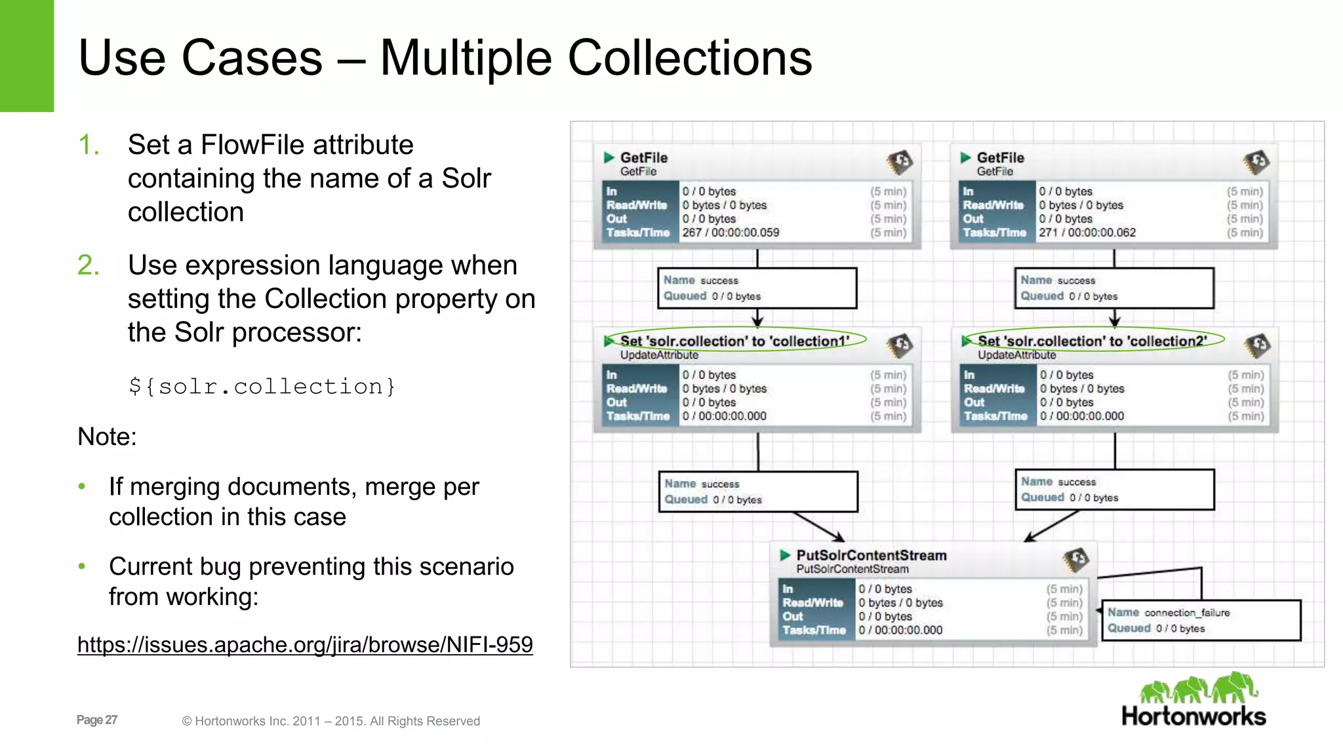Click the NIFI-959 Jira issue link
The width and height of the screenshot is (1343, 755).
305,645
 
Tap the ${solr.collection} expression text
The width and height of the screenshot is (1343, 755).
262,387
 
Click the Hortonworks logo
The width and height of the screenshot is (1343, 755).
1194,700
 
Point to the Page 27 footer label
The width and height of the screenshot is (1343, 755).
97,720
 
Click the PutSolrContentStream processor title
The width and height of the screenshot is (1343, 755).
872,555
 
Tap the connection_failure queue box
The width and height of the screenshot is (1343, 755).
1201,620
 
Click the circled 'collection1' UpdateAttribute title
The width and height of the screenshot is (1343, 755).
734,341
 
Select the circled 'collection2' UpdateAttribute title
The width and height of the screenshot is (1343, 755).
1092,341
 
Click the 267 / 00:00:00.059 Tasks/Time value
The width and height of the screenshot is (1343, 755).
731,233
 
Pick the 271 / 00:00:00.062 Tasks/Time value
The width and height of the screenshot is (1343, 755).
1087,233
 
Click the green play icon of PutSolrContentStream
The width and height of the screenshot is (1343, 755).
785,555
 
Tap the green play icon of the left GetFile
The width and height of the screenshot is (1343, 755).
609,157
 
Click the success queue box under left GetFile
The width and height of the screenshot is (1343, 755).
757,288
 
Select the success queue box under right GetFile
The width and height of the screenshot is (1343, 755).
1114,288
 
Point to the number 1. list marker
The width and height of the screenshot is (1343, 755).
89,145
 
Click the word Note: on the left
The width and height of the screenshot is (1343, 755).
107,436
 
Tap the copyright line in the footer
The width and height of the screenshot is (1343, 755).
331,721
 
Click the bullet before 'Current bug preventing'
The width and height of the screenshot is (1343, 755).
82,566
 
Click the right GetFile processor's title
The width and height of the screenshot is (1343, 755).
1000,157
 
